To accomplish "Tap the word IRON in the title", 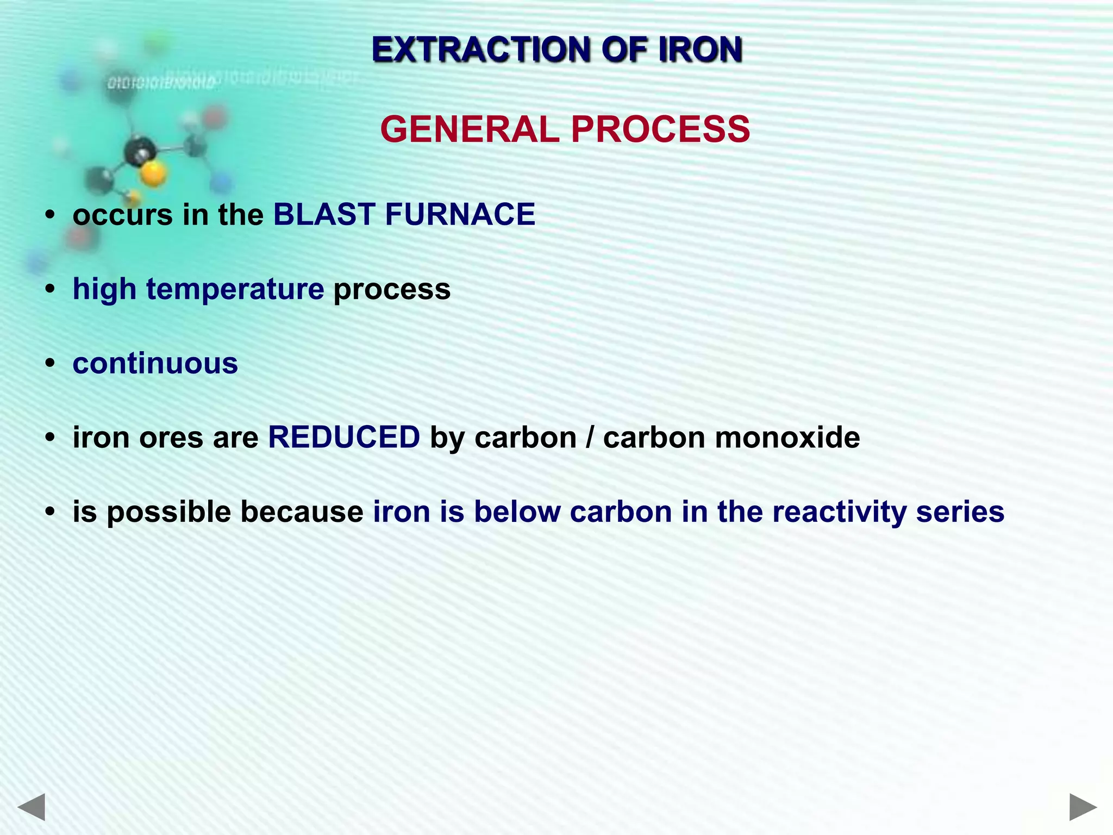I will pos(699,50).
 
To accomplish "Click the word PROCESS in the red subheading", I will pos(660,130).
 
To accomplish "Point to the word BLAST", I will pos(324,214).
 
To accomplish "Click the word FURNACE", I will pos(460,214).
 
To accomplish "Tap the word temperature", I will pos(235,289).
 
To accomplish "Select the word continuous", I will pos(155,363).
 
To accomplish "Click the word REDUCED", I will pos(344,438).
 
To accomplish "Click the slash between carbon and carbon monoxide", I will pos(590,438).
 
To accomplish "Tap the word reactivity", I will pos(839,512).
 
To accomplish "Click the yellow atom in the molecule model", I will pos(153,174).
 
